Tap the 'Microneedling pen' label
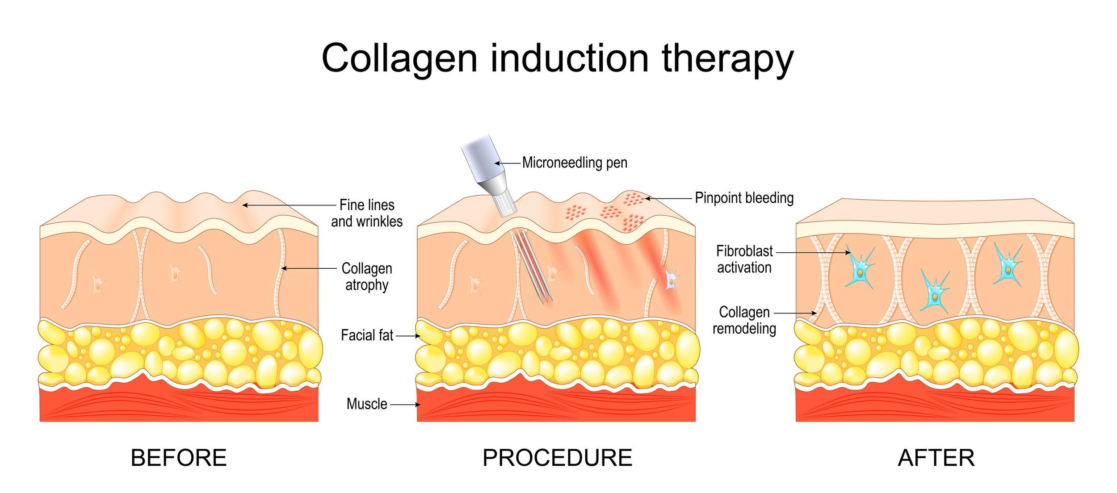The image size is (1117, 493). [x=574, y=163]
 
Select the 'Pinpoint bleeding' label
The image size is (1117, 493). [x=744, y=198]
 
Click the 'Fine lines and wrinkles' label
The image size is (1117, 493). [x=366, y=213]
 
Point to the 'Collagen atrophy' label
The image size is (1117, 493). [x=366, y=276]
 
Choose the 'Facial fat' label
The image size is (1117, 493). [x=366, y=335]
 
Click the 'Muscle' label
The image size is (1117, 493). [x=366, y=404]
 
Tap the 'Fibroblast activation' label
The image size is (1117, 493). [x=744, y=259]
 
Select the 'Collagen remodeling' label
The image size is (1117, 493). [x=744, y=320]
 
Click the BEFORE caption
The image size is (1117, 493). [x=178, y=458]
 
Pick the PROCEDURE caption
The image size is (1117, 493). [x=557, y=458]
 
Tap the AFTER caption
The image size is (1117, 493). [x=936, y=458]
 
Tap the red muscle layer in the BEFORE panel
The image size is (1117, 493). [x=179, y=404]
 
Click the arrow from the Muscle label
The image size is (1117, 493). [x=404, y=405]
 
